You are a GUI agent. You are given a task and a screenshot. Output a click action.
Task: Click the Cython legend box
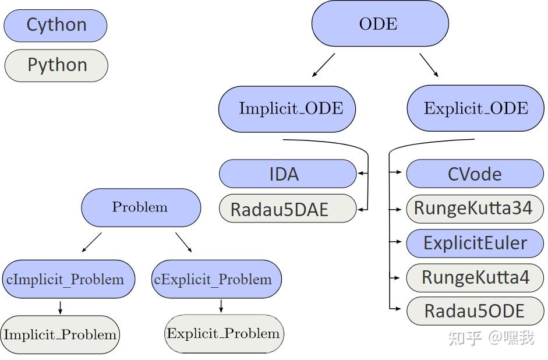[x=56, y=26]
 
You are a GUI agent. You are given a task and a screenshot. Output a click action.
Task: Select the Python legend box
[x=56, y=65]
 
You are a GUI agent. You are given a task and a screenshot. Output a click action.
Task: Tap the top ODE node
[x=380, y=24]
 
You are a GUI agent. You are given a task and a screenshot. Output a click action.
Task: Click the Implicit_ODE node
[x=287, y=109]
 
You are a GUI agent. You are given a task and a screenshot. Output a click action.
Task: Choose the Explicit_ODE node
[x=475, y=109]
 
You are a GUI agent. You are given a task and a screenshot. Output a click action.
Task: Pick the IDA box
[x=288, y=174]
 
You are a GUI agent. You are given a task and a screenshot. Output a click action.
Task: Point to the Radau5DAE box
[x=288, y=209]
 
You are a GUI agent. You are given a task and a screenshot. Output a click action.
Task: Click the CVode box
[x=475, y=174]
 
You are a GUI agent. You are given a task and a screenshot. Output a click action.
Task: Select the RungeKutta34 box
[x=475, y=208]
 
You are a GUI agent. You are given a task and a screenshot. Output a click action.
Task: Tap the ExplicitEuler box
[x=475, y=243]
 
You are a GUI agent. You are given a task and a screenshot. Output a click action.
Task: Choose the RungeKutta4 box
[x=475, y=277]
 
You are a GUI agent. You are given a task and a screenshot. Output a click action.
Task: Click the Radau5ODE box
[x=475, y=311]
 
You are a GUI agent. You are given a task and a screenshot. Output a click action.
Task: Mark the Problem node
[x=140, y=207]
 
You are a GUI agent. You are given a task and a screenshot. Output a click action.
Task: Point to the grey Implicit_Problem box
[x=60, y=335]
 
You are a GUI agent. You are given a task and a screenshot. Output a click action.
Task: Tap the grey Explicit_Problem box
[x=224, y=334]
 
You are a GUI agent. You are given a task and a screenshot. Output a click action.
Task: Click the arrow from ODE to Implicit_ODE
[x=324, y=65]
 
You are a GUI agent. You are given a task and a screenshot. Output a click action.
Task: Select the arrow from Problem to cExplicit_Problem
[x=183, y=242]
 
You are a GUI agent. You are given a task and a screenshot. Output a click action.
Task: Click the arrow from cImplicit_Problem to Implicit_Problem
[x=61, y=307]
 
